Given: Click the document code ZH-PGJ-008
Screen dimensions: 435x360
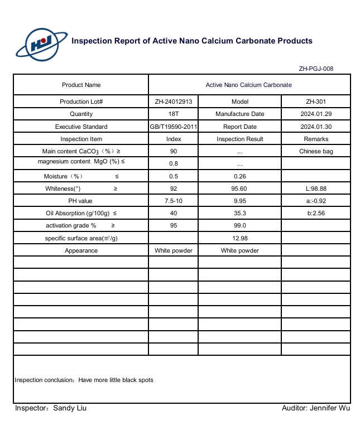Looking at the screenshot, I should [x=316, y=69].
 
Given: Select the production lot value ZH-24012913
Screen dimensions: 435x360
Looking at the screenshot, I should [x=174, y=101].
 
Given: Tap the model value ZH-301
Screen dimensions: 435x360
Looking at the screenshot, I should [x=316, y=101].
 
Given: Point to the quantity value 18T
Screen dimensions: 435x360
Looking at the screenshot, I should [x=174, y=114].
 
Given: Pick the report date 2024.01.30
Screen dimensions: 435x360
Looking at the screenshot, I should [x=316, y=127].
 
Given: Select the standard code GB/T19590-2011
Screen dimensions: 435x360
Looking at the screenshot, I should [x=174, y=127].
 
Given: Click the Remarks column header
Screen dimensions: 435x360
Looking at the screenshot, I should [x=316, y=139].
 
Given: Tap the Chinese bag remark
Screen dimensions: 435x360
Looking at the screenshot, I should [x=316, y=151].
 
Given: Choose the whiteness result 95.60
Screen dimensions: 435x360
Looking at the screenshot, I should [x=239, y=188].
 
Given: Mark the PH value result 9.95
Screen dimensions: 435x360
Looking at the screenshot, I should [x=239, y=201].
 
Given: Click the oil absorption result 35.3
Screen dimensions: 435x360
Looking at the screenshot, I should [x=239, y=213].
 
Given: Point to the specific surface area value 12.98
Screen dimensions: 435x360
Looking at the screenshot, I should [x=239, y=238].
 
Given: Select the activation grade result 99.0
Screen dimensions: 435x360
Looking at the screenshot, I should [x=239, y=225].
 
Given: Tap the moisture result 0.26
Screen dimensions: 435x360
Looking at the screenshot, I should [x=239, y=176].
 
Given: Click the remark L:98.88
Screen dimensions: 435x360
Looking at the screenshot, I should [x=316, y=188].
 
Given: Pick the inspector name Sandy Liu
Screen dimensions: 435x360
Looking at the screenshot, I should [x=70, y=408].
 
